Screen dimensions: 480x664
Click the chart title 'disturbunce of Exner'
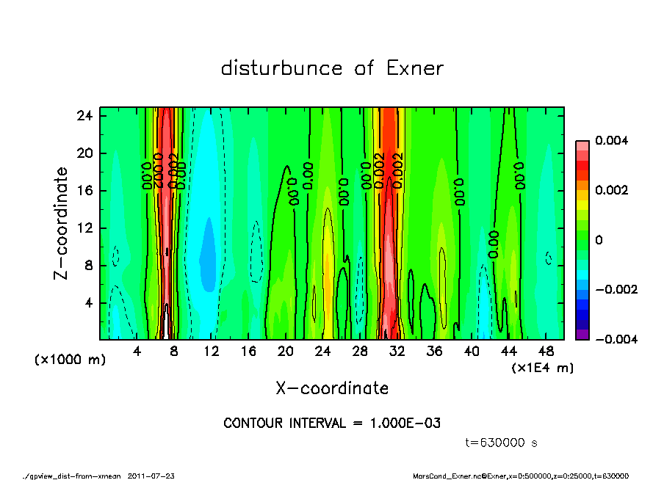[332, 68]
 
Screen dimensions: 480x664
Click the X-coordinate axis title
[332, 388]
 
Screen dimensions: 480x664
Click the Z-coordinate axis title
[61, 222]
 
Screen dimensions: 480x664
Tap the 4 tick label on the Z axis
[89, 302]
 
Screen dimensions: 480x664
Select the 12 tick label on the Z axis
[86, 228]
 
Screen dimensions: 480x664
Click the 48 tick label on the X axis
[546, 352]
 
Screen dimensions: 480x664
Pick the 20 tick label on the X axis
[286, 352]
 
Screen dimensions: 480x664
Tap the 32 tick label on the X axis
[397, 352]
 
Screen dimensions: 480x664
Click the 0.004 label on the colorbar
[610, 140]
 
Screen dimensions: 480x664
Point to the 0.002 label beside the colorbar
[610, 190]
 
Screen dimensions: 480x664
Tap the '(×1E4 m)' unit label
[542, 367]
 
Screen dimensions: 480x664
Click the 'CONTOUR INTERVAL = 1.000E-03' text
[332, 423]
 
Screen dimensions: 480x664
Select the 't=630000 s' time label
[502, 443]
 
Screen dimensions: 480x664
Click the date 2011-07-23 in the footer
[151, 476]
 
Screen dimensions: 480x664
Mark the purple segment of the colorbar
[582, 335]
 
